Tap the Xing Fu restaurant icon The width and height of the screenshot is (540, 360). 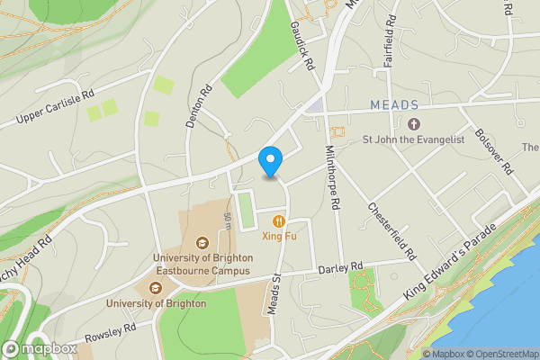tap(279, 220)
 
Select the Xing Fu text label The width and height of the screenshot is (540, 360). tap(279, 237)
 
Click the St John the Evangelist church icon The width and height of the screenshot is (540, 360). tap(414, 123)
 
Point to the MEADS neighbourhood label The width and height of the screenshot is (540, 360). tap(393, 105)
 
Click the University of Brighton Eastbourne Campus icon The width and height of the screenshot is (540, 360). tap(202, 242)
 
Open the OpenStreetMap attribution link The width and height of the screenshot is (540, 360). tap(500, 353)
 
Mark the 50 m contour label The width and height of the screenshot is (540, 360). tap(229, 219)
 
